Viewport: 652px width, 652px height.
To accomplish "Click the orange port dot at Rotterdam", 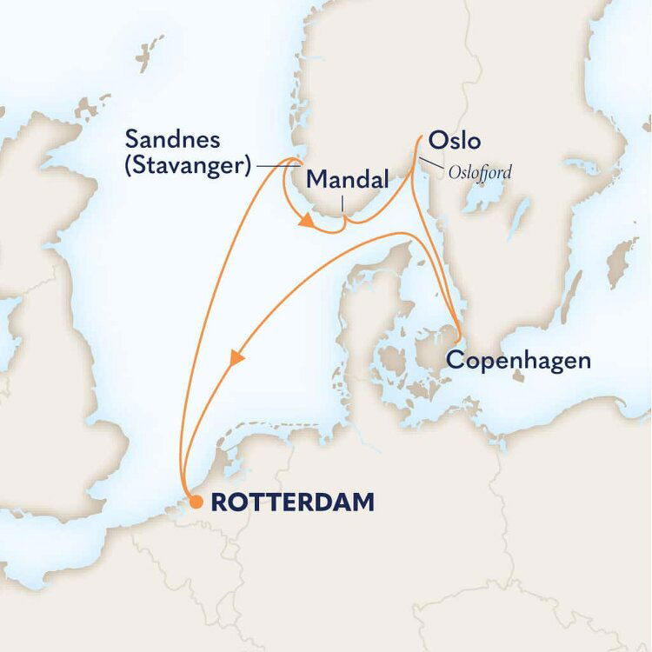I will (x=196, y=502).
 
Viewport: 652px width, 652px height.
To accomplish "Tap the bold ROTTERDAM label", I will (x=293, y=502).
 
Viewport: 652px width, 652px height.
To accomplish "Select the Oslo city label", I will (x=454, y=141).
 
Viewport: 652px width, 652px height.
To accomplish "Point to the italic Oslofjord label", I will (x=480, y=173).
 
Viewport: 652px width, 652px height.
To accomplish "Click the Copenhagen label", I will (x=518, y=360).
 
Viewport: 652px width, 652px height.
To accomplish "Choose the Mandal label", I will (x=348, y=181).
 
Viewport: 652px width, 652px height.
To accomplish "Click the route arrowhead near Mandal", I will (x=306, y=223).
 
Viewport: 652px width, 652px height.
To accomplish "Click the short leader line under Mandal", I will (x=343, y=205).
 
